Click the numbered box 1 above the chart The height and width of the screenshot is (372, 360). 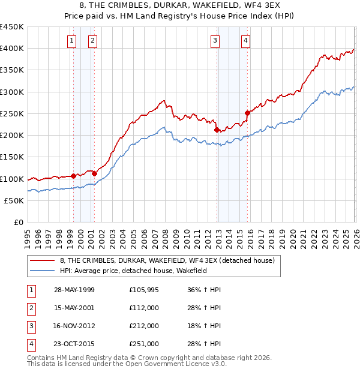click(72, 41)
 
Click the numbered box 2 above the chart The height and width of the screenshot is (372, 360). click(93, 41)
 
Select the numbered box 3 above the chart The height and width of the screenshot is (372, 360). click(215, 41)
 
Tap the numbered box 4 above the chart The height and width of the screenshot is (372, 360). click(246, 41)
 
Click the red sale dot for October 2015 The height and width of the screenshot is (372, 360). click(247, 112)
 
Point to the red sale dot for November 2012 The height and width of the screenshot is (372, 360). click(216, 129)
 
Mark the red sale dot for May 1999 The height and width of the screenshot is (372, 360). click(73, 176)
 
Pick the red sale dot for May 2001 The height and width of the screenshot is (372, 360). click(94, 173)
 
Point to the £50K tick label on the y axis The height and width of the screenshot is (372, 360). click(14, 200)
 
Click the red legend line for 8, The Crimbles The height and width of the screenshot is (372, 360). click(42, 260)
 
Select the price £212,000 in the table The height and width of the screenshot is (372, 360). click(144, 326)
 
